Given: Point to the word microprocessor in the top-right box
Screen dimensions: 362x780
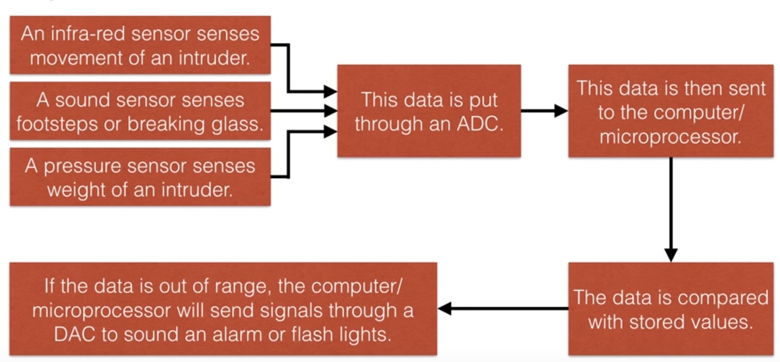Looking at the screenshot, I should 670,137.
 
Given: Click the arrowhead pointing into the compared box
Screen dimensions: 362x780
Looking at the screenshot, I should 671,255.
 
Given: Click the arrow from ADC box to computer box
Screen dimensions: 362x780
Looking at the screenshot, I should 544,111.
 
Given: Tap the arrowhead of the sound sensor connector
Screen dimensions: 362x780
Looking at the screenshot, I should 331,111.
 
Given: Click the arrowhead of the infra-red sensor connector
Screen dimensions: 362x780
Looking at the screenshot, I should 331,91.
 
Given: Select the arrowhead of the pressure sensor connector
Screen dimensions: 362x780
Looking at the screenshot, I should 331,131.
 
